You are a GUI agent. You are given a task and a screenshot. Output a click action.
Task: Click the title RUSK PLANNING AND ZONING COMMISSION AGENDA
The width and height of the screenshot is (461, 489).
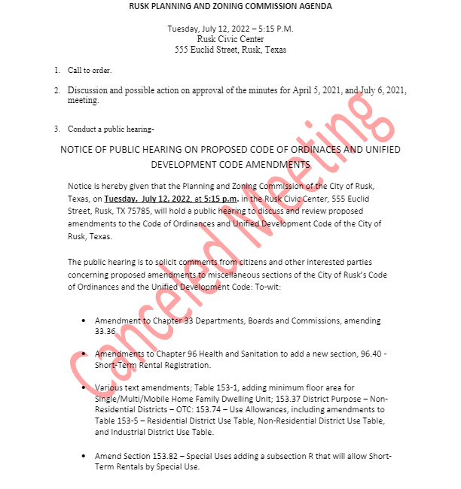point(230,6)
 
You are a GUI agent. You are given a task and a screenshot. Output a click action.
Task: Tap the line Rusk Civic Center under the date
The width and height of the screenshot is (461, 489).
point(230,39)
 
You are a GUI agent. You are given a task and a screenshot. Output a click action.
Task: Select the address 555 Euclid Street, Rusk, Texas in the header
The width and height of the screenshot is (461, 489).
point(230,50)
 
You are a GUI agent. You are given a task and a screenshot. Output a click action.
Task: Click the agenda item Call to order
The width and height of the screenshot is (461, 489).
point(90,71)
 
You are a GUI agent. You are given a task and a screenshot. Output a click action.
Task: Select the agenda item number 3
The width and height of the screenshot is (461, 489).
point(56,129)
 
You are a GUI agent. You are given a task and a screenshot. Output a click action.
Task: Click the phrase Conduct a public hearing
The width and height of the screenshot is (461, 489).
point(110,129)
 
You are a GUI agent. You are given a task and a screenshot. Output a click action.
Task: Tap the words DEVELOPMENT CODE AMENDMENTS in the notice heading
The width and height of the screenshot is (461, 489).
point(230,163)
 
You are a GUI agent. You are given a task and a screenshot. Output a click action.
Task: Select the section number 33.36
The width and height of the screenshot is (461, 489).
point(105,330)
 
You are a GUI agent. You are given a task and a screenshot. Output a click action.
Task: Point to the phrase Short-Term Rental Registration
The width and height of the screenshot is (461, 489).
point(152,366)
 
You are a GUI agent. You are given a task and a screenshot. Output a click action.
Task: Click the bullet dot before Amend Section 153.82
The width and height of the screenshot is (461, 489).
point(83,457)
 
